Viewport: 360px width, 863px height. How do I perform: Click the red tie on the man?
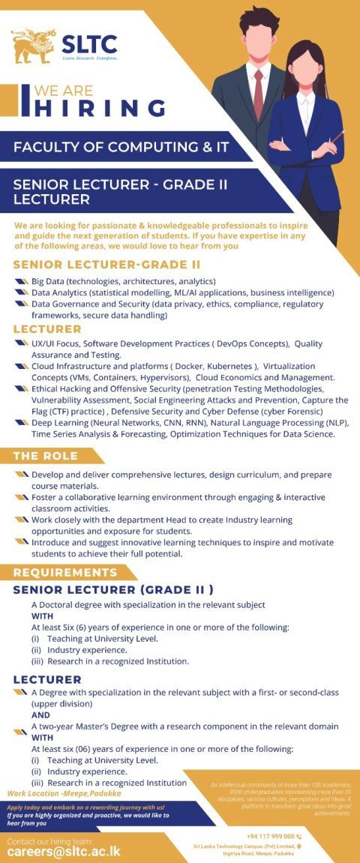[x=258, y=94]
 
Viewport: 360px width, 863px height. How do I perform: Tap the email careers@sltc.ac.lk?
[x=64, y=851]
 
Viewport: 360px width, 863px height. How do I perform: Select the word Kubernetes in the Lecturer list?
[x=231, y=365]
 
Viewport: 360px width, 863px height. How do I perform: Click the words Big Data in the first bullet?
[x=48, y=281]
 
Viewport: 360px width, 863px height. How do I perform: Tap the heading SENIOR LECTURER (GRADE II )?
[x=113, y=589]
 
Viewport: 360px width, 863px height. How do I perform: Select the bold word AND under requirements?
[x=40, y=715]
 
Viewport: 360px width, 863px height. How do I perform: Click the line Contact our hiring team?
[x=50, y=839]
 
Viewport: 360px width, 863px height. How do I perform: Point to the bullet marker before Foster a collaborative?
[x=21, y=497]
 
